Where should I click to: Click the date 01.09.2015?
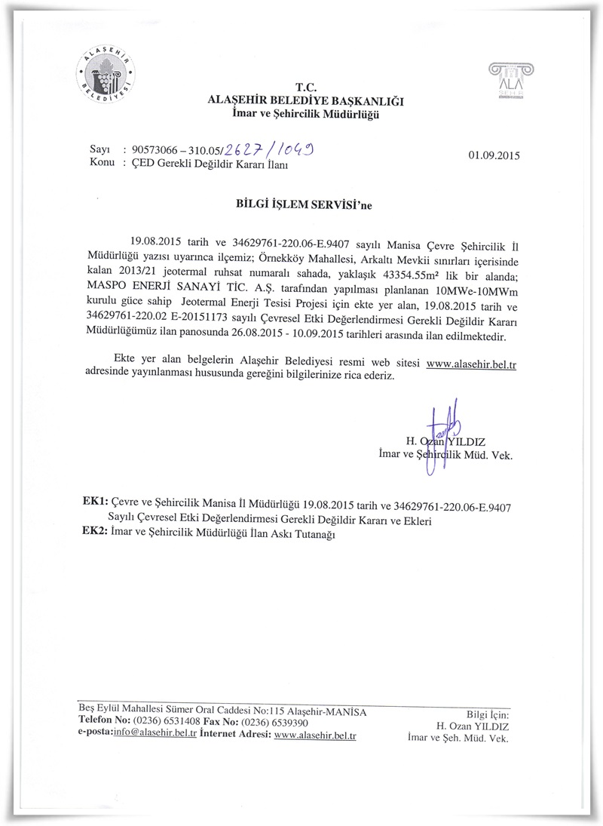[x=494, y=155]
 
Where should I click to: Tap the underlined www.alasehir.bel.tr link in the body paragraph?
[x=476, y=364]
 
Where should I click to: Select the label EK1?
[x=95, y=500]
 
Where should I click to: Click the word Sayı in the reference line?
[x=100, y=150]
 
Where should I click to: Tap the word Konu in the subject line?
[x=102, y=163]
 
